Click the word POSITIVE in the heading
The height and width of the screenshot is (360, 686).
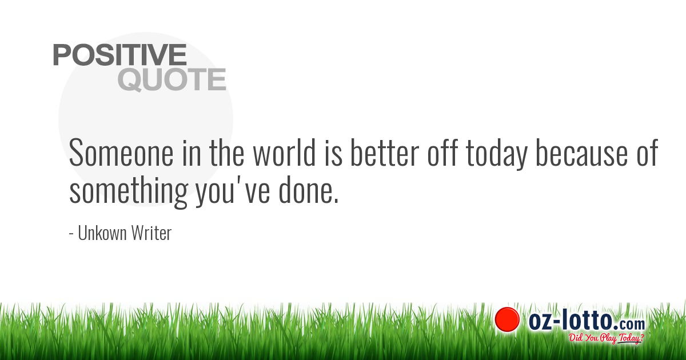pos(120,55)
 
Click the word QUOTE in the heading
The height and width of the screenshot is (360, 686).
pos(172,80)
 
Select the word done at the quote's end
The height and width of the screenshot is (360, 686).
pos(308,191)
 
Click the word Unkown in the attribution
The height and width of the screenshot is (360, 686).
pos(102,233)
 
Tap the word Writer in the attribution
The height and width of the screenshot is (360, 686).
pos(153,233)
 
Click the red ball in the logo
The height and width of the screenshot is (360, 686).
pos(506,319)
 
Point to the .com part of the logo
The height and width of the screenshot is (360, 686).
pos(631,323)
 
